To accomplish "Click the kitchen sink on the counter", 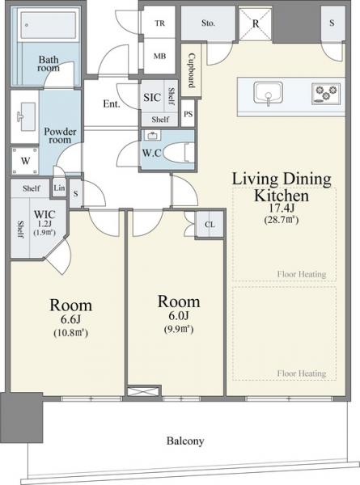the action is point(268,92).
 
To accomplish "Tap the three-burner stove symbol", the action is point(326,93).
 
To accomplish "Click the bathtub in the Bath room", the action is point(49,25).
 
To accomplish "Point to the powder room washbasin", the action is point(26,117).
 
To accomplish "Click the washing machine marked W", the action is point(25,161).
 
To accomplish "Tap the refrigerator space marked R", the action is point(256,23).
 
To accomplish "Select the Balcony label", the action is point(185,441).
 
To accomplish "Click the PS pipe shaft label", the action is point(188,114).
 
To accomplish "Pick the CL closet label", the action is point(210,225).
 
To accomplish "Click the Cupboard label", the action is point(192,71).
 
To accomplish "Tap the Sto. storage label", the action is point(208,23).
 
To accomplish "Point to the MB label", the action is point(159,56).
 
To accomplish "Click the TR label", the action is point(160,23).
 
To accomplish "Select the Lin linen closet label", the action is point(59,188).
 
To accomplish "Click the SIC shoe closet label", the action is point(152,98).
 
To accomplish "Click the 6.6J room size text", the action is point(71,320).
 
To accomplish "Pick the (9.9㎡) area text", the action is point(179,329).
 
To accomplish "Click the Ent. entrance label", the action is point(112,103).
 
